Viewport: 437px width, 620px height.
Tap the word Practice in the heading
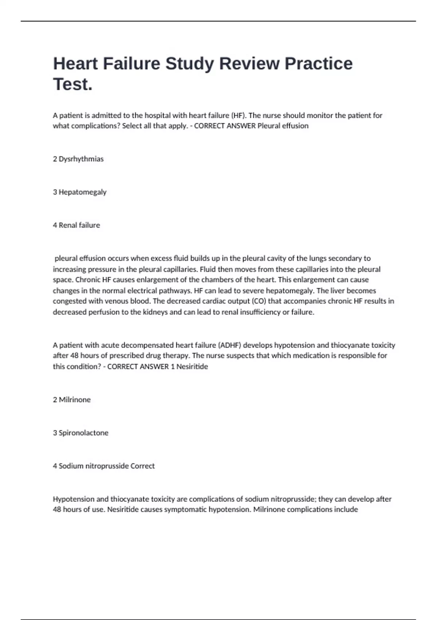(318, 64)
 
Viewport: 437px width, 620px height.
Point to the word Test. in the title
(73, 84)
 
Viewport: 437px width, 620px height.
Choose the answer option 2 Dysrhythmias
(78, 159)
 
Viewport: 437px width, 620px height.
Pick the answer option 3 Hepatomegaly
(80, 192)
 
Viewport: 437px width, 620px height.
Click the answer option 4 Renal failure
(76, 225)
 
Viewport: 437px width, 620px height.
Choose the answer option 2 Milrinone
(72, 400)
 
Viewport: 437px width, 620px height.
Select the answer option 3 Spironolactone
(80, 433)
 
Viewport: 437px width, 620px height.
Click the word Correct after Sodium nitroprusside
(142, 466)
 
